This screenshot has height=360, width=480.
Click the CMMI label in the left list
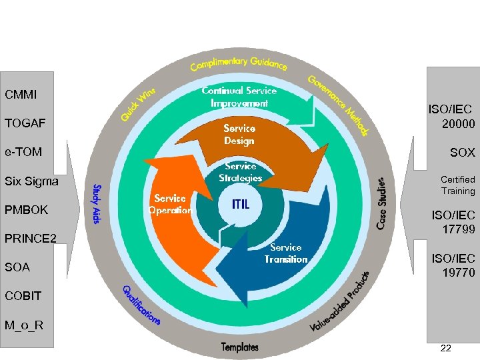(21, 95)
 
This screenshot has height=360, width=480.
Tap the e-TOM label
(23, 152)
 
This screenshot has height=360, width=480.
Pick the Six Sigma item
(31, 181)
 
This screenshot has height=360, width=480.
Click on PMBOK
(27, 210)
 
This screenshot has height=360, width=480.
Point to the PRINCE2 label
(31, 239)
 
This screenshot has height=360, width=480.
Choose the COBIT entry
(23, 295)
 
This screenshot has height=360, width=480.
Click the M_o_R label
(24, 325)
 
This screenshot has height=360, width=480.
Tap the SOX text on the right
(462, 153)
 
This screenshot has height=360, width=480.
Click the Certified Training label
(457, 185)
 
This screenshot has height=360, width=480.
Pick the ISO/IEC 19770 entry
(453, 265)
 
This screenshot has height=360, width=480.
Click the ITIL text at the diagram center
(241, 205)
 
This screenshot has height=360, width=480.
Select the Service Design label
(239, 134)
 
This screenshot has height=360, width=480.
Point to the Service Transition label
(286, 253)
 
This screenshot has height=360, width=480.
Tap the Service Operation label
(170, 204)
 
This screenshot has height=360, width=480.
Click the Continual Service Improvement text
(239, 97)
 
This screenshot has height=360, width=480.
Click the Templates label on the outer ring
(240, 347)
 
